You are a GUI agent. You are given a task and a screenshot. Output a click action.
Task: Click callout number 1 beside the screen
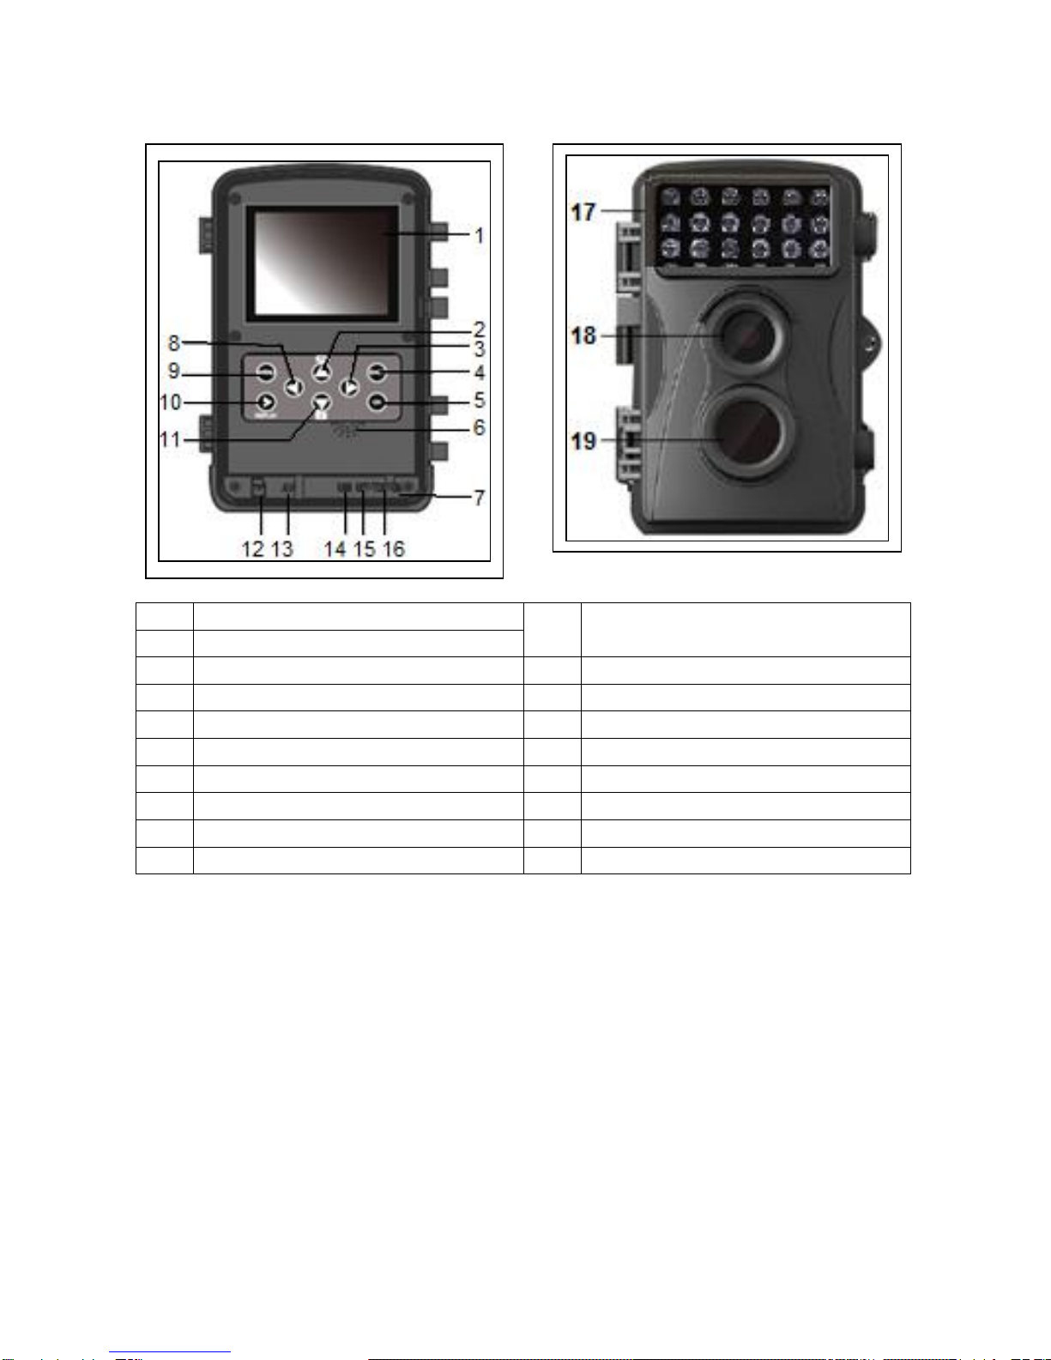click(479, 235)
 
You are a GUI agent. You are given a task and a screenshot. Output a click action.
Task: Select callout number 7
click(479, 497)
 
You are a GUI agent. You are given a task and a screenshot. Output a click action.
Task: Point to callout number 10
click(170, 402)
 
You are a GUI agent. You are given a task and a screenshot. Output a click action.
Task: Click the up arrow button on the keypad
click(322, 372)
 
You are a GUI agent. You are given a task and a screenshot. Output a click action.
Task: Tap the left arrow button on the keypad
click(294, 387)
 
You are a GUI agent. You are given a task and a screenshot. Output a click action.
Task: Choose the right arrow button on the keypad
click(349, 387)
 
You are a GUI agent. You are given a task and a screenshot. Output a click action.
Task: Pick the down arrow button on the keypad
click(322, 402)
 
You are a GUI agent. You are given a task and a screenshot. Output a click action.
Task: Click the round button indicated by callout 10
click(266, 401)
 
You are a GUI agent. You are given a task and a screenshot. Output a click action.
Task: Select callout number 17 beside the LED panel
click(583, 211)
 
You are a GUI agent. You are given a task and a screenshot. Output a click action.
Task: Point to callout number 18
click(583, 335)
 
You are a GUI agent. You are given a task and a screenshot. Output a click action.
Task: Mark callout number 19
click(583, 441)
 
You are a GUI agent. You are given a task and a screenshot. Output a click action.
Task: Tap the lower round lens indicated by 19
click(743, 432)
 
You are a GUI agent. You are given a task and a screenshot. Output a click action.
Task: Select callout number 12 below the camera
click(253, 549)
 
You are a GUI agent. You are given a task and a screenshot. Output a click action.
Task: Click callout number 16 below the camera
click(394, 549)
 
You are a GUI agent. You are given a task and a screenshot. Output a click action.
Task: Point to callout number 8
click(174, 343)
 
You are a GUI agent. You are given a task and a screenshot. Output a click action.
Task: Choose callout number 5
click(479, 400)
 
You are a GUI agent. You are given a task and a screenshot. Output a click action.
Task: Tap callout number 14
click(335, 549)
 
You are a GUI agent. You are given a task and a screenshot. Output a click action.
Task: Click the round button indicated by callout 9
click(266, 372)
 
